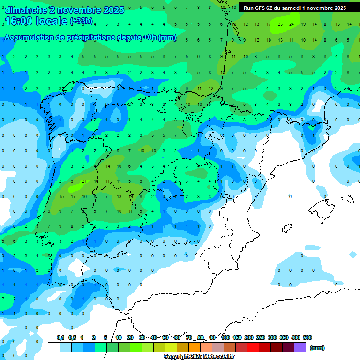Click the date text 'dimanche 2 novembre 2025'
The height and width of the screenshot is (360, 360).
point(64,9)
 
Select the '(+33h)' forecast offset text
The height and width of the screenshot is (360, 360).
point(81,22)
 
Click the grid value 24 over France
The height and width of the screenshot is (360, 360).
point(292,24)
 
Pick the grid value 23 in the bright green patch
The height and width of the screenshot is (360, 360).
point(280,24)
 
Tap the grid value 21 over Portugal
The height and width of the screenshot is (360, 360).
point(84,181)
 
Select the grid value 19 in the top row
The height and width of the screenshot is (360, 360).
point(303,24)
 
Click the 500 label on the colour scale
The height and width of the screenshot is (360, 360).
point(307,337)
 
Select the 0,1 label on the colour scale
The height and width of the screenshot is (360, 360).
point(60,337)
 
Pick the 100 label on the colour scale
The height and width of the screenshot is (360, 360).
point(225,337)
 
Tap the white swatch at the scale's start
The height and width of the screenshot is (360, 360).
point(53,347)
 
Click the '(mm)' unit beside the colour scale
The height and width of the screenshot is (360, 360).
point(317,348)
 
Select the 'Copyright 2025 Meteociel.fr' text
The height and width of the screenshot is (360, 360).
point(199,357)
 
